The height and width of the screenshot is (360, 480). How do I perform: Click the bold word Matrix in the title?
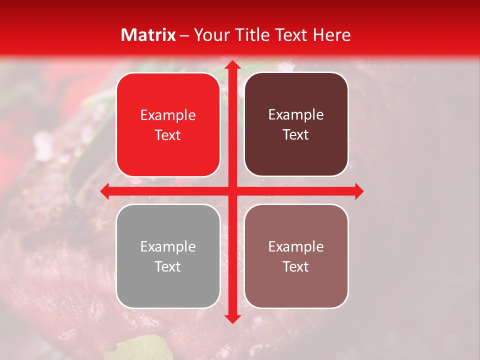click(x=148, y=35)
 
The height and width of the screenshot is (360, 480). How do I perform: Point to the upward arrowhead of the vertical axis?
click(x=232, y=64)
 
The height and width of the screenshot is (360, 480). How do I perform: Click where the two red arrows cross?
click(x=232, y=191)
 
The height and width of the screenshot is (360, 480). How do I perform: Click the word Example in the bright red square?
click(x=168, y=115)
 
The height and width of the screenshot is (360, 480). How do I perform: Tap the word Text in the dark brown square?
click(x=296, y=135)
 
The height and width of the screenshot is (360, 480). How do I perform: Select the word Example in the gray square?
click(x=168, y=246)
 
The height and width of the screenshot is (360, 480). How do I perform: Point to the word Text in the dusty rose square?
click(x=296, y=266)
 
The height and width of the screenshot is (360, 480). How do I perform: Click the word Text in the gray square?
click(x=168, y=266)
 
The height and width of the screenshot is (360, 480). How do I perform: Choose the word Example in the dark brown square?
click(x=296, y=115)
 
